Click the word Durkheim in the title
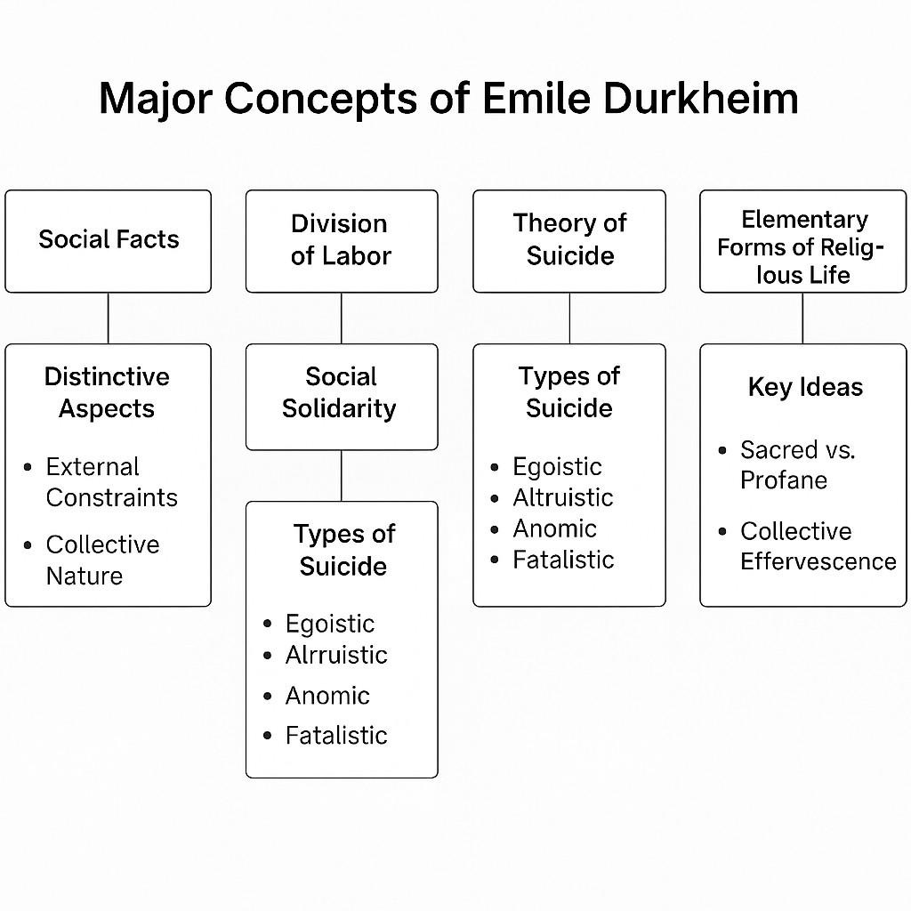click(700, 100)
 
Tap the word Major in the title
click(154, 100)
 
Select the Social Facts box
click(109, 240)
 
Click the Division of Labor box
click(342, 240)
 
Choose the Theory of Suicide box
click(569, 240)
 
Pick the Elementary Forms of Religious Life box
click(803, 240)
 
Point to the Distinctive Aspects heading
click(107, 392)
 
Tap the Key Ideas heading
click(805, 387)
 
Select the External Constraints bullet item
click(111, 482)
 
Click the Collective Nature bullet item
click(102, 560)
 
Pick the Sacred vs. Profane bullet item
click(797, 465)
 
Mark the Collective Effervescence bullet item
click(818, 546)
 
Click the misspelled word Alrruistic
click(336, 656)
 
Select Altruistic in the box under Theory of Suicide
click(563, 498)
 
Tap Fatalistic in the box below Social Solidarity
click(336, 736)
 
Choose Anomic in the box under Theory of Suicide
click(554, 529)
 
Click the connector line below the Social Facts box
click(109, 318)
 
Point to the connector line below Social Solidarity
click(342, 476)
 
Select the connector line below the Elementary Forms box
click(802, 318)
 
